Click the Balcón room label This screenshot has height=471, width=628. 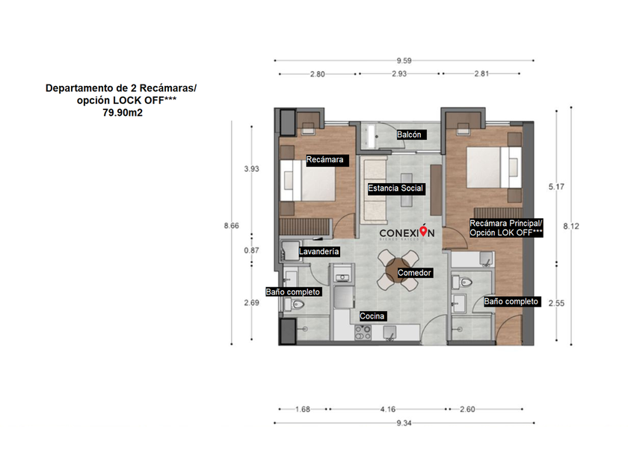(409, 135)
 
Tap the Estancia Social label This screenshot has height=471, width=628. (395, 188)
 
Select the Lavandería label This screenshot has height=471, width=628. (318, 251)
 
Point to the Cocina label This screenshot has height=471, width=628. (372, 316)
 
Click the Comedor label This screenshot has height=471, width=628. (414, 273)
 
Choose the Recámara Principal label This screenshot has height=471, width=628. (506, 223)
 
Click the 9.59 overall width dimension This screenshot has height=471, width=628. (404, 61)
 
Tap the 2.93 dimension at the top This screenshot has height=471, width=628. (399, 74)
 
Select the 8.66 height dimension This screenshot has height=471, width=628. (232, 226)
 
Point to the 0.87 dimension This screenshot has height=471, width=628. (251, 250)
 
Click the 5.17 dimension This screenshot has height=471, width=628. (556, 187)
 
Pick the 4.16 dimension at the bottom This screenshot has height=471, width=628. (388, 410)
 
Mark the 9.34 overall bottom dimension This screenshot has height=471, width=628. (404, 423)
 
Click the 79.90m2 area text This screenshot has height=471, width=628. (123, 113)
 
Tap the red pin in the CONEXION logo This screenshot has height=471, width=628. (423, 231)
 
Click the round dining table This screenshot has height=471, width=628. (397, 270)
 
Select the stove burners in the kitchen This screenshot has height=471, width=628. (363, 333)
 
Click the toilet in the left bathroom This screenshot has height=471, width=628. (295, 304)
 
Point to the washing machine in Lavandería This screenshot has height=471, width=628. (290, 250)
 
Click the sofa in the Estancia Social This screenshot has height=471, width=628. (374, 190)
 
